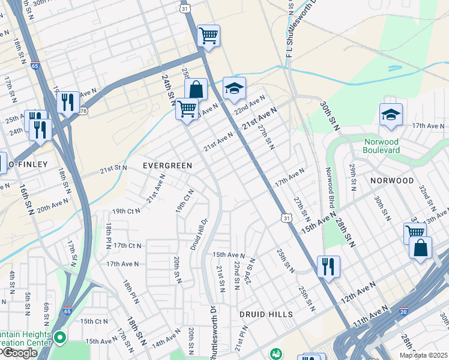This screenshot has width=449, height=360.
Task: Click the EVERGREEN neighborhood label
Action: click(x=167, y=166)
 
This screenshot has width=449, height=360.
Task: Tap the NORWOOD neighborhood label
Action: click(x=392, y=181)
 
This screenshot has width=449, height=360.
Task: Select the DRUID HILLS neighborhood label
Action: click(x=266, y=314)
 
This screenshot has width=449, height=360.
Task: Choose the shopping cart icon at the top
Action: click(x=208, y=36)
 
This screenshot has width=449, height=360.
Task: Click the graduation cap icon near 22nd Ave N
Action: click(x=234, y=89)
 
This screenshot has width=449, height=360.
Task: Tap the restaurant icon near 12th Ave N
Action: click(x=328, y=266)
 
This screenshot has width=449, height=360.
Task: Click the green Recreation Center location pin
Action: click(x=59, y=338)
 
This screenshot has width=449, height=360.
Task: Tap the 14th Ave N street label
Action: click(x=166, y=343)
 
